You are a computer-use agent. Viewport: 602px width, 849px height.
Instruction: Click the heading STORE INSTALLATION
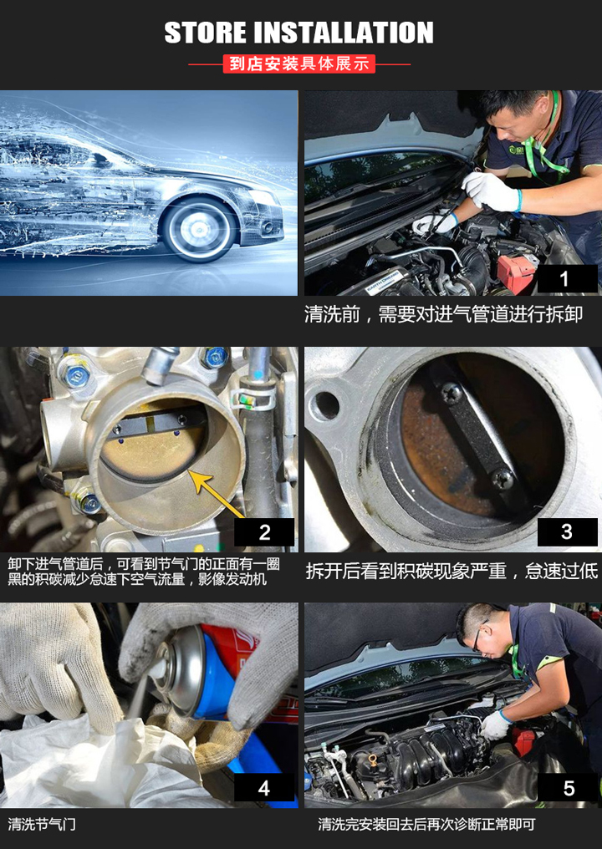298,33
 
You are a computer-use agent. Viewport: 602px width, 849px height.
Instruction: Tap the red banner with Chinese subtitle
299,64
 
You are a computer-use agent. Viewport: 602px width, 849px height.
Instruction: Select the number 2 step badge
264,532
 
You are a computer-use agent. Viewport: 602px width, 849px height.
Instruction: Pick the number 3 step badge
567,532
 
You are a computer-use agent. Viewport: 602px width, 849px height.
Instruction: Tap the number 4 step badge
264,787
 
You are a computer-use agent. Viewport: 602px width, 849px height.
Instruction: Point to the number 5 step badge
567,787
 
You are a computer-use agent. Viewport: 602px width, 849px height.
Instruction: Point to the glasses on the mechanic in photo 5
479,637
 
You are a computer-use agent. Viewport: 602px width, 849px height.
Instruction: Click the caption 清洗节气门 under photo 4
43,825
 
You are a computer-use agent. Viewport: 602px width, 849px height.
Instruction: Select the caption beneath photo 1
443,314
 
